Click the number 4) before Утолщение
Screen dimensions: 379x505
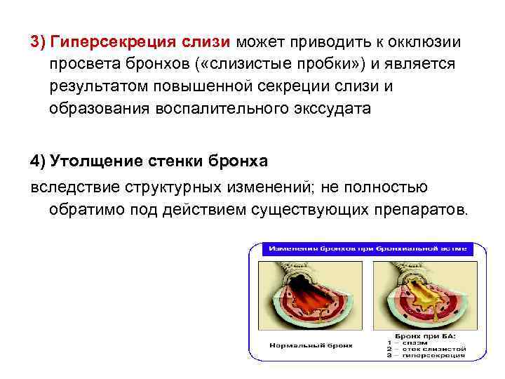(x=38, y=161)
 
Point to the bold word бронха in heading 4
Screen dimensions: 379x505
(x=239, y=161)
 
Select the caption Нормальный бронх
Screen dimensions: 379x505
(x=311, y=345)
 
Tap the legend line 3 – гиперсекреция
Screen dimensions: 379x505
(x=424, y=354)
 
